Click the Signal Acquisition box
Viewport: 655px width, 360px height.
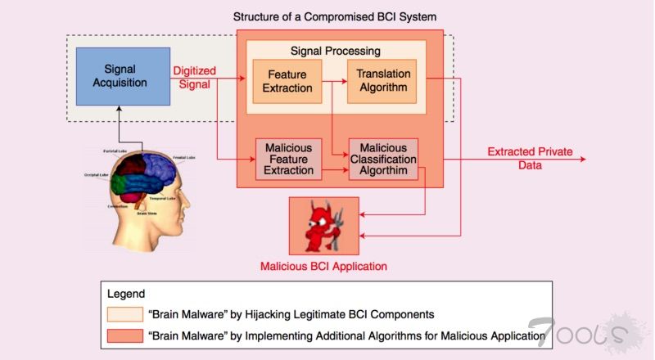(123, 75)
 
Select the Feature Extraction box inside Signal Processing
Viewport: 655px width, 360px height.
(287, 81)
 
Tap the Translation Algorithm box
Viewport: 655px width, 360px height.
(383, 81)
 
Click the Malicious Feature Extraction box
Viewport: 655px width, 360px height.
(288, 159)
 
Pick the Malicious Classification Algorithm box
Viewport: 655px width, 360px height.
(383, 159)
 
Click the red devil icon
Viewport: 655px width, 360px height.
(323, 225)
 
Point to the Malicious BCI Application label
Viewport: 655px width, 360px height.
(323, 266)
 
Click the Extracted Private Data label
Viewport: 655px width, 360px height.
(530, 158)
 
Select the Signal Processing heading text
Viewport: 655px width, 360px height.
(337, 50)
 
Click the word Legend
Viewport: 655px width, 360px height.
(126, 293)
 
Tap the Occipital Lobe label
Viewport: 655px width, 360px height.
(96, 174)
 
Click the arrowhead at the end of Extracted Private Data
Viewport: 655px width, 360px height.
(583, 158)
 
